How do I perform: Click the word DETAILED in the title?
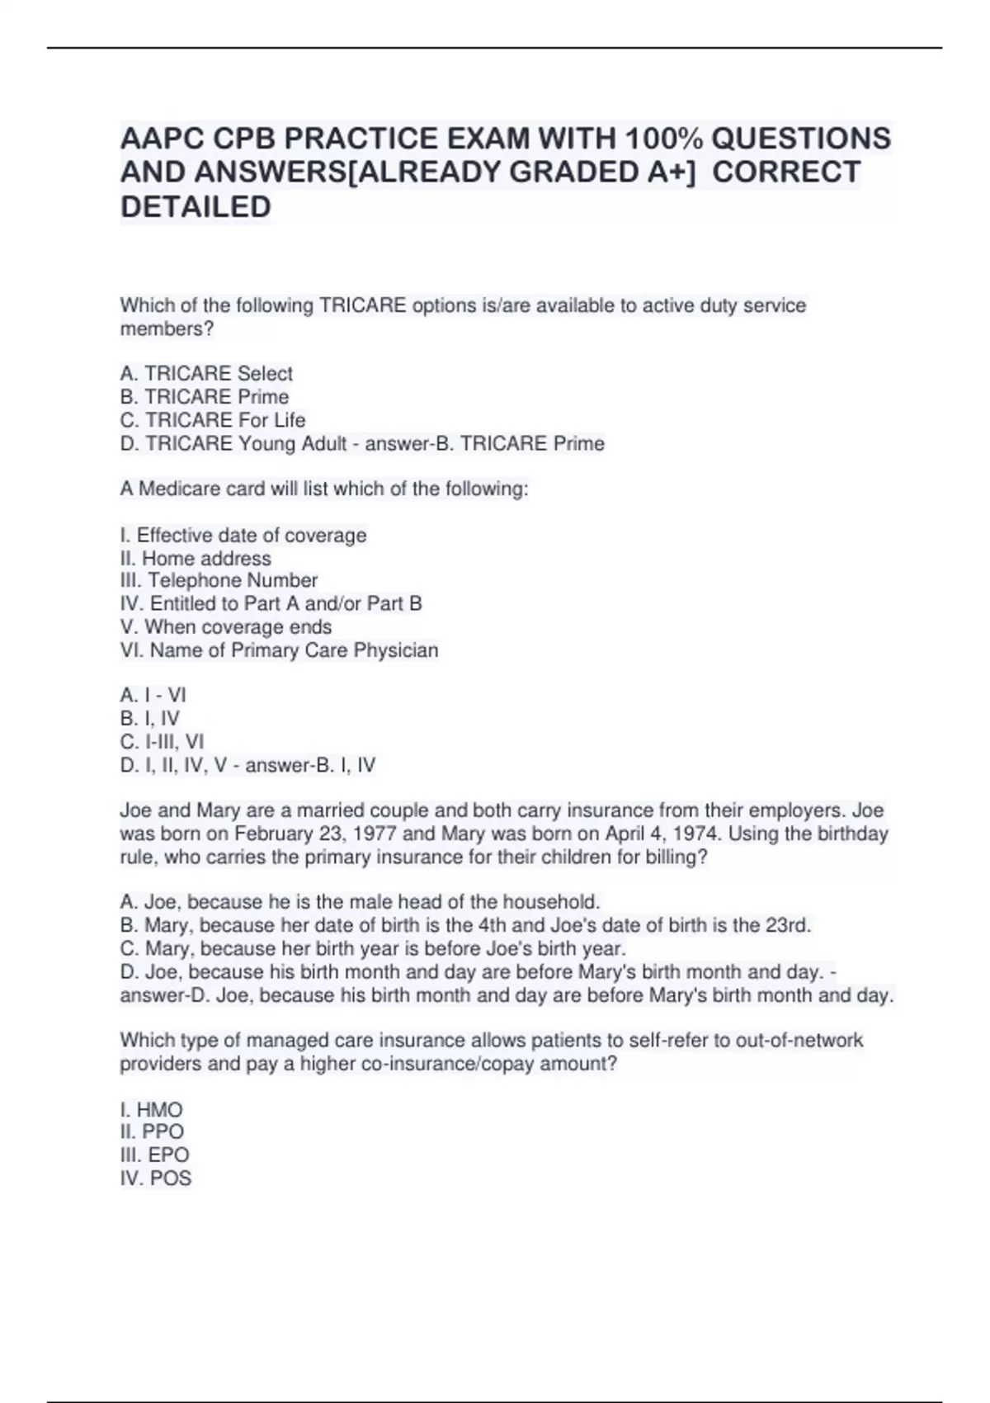196,206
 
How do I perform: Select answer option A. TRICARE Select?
206,373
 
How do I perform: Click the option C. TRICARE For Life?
213,420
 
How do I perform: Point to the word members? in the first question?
167,328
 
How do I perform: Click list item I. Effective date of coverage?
243,535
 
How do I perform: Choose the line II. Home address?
196,558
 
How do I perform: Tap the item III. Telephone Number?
219,580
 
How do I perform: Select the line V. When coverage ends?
226,626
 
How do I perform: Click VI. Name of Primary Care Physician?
279,650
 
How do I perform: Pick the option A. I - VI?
153,695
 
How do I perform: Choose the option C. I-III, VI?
162,741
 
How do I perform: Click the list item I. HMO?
151,1109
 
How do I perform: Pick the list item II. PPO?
152,1131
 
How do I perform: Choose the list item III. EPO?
154,1155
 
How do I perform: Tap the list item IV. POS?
156,1178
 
